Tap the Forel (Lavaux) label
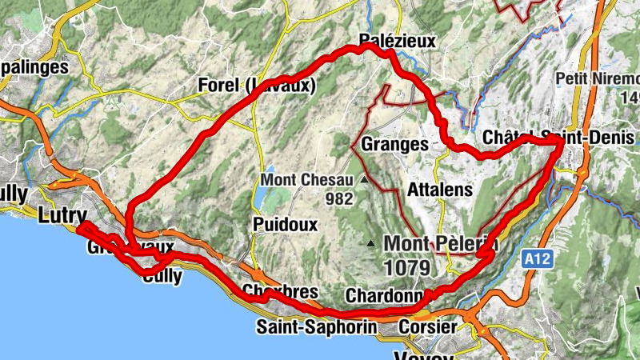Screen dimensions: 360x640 click(256, 86)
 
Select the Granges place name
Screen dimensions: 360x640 click(394, 145)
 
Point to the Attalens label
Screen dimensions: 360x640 click(440, 190)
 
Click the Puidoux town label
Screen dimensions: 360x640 click(285, 223)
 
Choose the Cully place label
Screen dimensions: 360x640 click(162, 278)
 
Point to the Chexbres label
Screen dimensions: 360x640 click(274, 291)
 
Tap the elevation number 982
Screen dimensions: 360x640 click(340, 198)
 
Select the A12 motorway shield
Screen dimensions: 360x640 click(540, 258)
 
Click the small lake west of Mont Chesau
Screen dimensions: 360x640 click(261, 197)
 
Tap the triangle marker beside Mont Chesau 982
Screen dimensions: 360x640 click(364, 180)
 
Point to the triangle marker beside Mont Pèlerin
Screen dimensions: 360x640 click(371, 243)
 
